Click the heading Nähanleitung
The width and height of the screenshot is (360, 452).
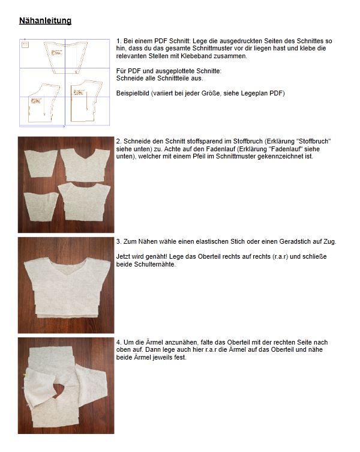pyautogui.click(x=45, y=21)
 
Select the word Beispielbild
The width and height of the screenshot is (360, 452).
pyautogui.click(x=136, y=93)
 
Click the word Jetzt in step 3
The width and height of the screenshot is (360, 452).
pyautogui.click(x=125, y=258)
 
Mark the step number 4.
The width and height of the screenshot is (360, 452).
pyautogui.click(x=119, y=342)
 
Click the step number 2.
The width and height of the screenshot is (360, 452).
pyautogui.click(x=119, y=141)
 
